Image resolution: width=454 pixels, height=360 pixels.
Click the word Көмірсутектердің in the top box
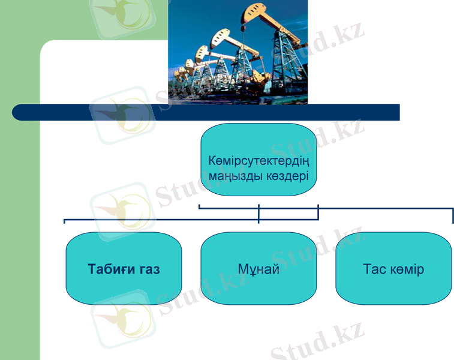(x=259, y=161)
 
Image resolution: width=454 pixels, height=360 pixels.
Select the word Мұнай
(x=258, y=269)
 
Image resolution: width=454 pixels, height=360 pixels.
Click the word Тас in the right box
(x=374, y=269)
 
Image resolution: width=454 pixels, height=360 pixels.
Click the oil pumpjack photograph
(x=237, y=51)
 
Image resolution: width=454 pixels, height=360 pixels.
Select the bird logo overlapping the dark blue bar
(x=123, y=114)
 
